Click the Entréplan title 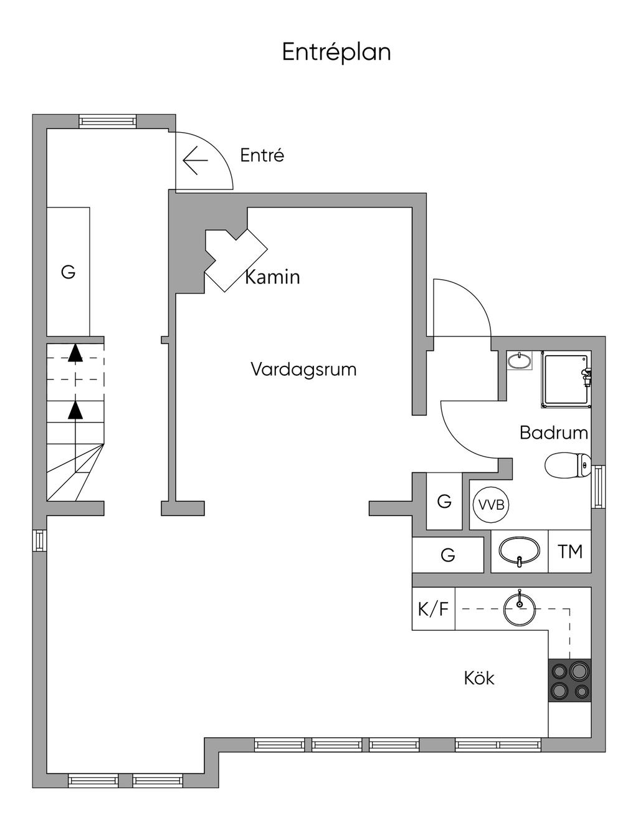pyautogui.click(x=336, y=52)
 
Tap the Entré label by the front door pyautogui.click(x=262, y=155)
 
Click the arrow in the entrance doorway pyautogui.click(x=196, y=160)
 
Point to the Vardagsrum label pyautogui.click(x=303, y=370)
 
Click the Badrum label pyautogui.click(x=553, y=433)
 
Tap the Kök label pyautogui.click(x=479, y=679)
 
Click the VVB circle pyautogui.click(x=492, y=505)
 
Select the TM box pyautogui.click(x=569, y=551)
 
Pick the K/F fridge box pyautogui.click(x=434, y=609)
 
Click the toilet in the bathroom pyautogui.click(x=568, y=465)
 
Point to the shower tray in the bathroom pyautogui.click(x=566, y=379)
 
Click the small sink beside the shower pyautogui.click(x=519, y=360)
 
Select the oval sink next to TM pyautogui.click(x=519, y=551)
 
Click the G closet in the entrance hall pyautogui.click(x=68, y=272)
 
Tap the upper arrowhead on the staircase pyautogui.click(x=75, y=353)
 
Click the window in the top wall pyautogui.click(x=108, y=122)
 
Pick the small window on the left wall pyautogui.click(x=39, y=540)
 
